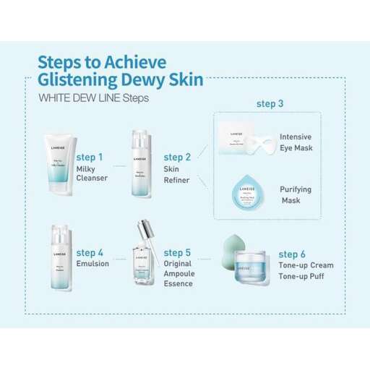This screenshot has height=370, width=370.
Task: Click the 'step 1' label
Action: (90, 157)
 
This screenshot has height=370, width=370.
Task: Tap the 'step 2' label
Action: (177, 157)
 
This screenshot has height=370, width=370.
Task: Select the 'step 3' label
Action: (270, 104)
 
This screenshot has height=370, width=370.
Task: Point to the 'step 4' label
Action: (90, 253)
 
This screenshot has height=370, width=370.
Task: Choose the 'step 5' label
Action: (177, 253)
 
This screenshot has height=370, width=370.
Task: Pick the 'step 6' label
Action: (292, 254)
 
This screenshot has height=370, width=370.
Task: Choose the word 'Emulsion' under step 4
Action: (92, 264)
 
